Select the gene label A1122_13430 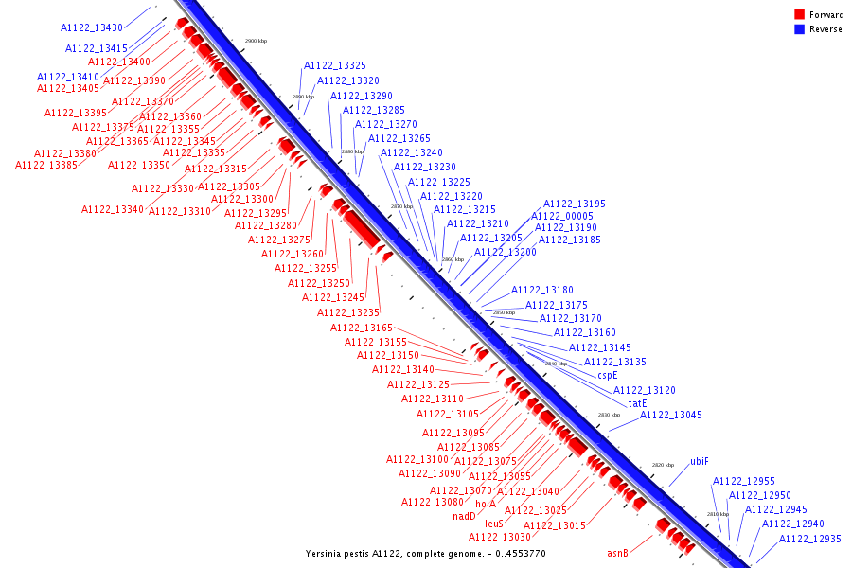pos(92,28)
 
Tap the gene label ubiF pos(699,461)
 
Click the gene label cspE pos(607,375)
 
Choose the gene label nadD pos(464,516)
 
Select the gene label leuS pos(494,523)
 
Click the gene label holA pos(486,504)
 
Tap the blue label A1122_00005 pos(561,216)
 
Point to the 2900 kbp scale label pos(256,42)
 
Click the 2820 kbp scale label pos(663,465)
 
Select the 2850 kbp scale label pos(504,312)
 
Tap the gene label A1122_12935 pos(809,539)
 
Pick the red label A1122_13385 pos(46,165)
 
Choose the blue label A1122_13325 pos(335,66)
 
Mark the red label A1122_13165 pos(362,328)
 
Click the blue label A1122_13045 pos(671,415)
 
